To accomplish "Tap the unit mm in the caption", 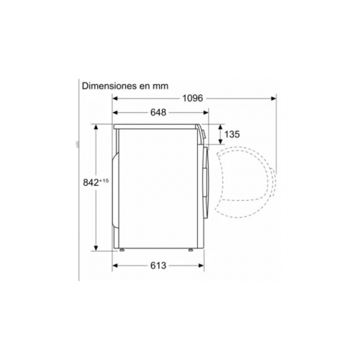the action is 161,86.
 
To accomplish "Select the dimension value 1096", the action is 192,98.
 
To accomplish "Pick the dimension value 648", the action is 158,112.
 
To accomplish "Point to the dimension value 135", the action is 232,134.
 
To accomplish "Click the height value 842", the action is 91,183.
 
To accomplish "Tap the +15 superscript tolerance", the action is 104,181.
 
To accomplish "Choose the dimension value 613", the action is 158,266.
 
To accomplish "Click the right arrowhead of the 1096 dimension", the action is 274,98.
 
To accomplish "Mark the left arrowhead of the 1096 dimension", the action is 115,98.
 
